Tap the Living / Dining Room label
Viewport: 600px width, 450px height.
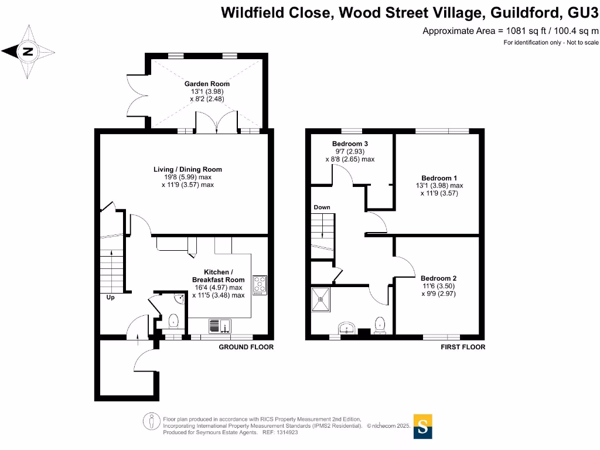[x=188, y=170]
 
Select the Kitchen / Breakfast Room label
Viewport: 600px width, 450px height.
[x=219, y=276]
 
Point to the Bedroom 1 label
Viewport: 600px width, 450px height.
[x=439, y=178]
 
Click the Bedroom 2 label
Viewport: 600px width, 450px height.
[x=438, y=278]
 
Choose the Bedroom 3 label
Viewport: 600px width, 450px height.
[x=350, y=144]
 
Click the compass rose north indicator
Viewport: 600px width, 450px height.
[x=27, y=52]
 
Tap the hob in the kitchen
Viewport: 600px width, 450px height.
[x=259, y=285]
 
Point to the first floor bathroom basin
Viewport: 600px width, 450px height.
[x=347, y=328]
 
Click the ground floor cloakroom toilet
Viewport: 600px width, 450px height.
[x=173, y=321]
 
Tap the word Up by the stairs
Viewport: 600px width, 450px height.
[x=110, y=298]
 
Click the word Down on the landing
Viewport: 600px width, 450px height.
[x=322, y=207]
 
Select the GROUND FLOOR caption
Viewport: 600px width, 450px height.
[x=246, y=347]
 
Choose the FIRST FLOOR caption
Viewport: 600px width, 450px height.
[x=463, y=347]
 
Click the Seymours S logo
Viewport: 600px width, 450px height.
[x=423, y=427]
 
